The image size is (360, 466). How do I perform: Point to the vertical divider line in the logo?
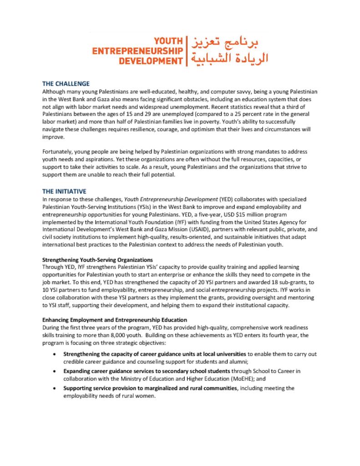(187, 51)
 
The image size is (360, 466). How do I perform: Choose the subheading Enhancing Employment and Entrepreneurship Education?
(114, 320)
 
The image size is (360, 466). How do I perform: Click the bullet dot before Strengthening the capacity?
(55, 354)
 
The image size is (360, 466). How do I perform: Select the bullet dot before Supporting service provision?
(55, 388)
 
